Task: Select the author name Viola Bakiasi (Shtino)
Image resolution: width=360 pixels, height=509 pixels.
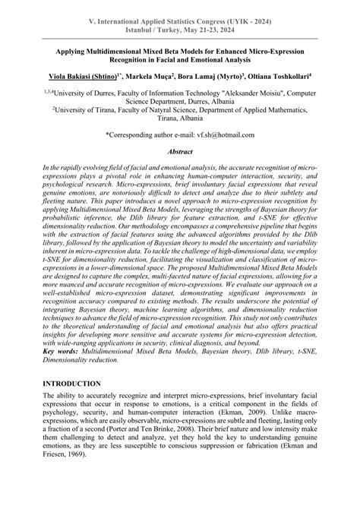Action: [x=84, y=76]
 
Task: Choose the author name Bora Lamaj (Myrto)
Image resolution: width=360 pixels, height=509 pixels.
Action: [x=215, y=76]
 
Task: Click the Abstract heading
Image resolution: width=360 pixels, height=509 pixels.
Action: [x=179, y=151]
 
